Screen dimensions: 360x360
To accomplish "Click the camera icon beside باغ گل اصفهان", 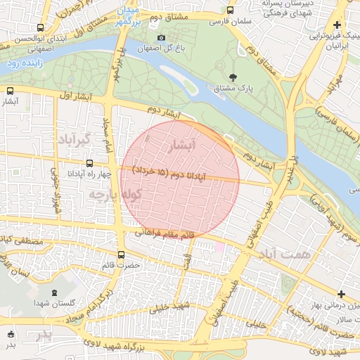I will coord(161,37).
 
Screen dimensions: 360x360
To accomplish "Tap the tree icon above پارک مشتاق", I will coord(233,77).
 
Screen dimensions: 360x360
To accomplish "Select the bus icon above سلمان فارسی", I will coord(230,10).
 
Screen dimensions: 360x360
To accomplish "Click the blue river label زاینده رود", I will coord(25,63).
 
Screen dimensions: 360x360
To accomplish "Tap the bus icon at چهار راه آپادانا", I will coord(89,163).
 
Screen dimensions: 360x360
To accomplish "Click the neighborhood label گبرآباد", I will coord(75,138).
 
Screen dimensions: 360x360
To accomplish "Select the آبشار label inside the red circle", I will coord(182,144).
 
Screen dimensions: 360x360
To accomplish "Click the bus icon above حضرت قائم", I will coord(121,255).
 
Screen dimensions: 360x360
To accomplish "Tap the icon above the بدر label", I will coord(10,334).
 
